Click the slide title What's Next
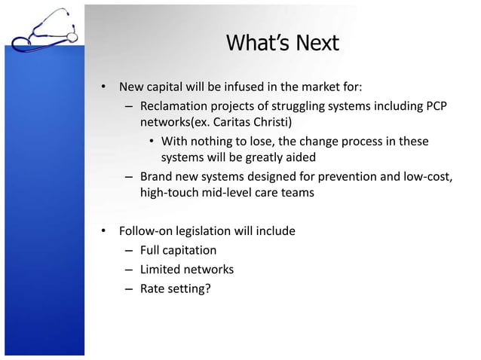283,43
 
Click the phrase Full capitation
178,250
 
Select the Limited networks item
187,269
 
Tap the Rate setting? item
175,288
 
